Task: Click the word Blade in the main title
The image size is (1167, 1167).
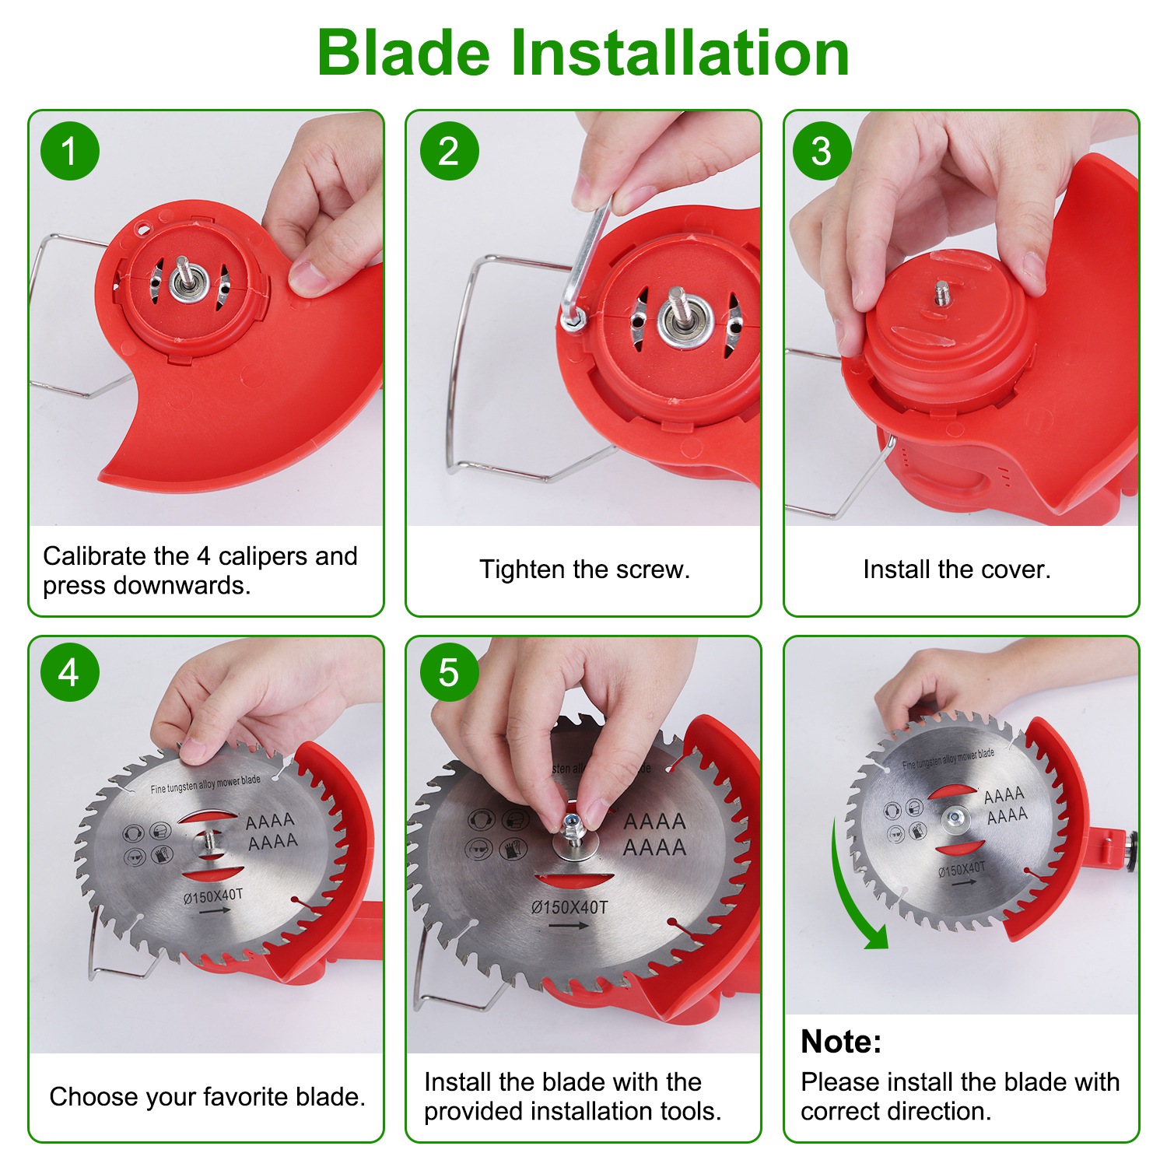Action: [x=404, y=53]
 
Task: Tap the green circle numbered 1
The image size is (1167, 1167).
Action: [x=70, y=151]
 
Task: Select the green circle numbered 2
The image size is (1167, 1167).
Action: [x=449, y=151]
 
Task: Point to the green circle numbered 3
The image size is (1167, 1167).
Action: [x=822, y=151]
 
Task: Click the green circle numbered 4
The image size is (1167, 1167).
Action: [x=70, y=672]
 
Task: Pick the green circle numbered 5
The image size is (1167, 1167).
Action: [x=449, y=672]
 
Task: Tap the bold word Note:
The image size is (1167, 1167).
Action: [x=841, y=1041]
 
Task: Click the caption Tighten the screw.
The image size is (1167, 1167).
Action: [x=584, y=569]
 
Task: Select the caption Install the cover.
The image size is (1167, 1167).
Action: [x=956, y=569]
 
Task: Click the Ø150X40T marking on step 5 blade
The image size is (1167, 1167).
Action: [x=569, y=907]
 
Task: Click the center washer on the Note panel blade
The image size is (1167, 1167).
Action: [x=955, y=818]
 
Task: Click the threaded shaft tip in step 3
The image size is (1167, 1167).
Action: [x=942, y=292]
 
